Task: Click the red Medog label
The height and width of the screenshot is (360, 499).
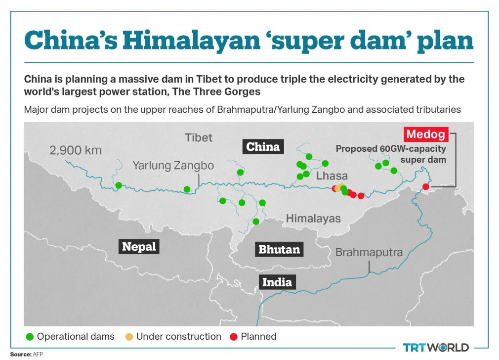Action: [425, 134]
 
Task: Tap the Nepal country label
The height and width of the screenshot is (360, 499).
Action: [139, 246]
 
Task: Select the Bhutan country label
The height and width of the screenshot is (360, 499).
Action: [279, 249]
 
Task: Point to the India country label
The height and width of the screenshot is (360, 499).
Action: [277, 282]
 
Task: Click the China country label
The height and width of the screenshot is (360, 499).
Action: [263, 146]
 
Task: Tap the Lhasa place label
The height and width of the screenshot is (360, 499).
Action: [332, 176]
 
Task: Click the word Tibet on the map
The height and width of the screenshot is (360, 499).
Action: [199, 137]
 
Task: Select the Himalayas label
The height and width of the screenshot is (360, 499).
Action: [313, 218]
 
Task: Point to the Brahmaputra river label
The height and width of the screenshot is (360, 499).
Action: [369, 252]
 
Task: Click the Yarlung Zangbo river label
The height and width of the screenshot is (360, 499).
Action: [173, 165]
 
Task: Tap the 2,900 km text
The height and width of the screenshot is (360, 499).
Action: [75, 150]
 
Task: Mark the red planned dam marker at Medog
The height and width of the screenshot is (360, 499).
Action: [425, 186]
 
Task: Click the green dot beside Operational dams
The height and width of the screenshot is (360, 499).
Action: [30, 337]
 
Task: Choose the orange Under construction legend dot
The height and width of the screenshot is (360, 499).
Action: [129, 337]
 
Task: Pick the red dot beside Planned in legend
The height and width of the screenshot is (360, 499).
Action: [234, 337]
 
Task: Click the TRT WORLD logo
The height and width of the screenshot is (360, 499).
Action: [436, 347]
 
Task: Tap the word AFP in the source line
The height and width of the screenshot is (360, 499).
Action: [38, 355]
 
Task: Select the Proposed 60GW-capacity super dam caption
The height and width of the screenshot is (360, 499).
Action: [390, 154]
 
